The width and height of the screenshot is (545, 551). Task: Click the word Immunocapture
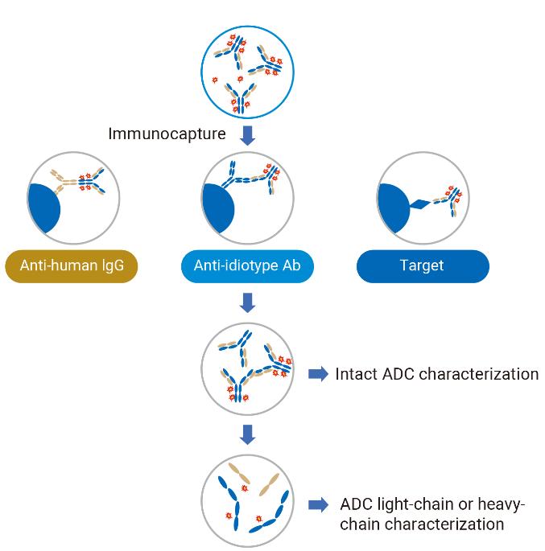[167, 134]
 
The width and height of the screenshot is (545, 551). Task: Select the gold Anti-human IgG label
[72, 266]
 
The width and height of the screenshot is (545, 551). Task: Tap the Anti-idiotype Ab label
[247, 266]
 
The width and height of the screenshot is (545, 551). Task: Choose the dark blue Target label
[423, 266]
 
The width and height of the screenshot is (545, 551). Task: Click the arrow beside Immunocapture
[247, 136]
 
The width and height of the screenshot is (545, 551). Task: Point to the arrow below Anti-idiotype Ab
[247, 302]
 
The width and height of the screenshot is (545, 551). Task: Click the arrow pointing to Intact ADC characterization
[318, 373]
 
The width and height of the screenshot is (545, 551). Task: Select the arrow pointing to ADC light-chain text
[318, 505]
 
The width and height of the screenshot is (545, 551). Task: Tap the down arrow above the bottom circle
[247, 434]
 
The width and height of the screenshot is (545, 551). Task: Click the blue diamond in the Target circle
[420, 204]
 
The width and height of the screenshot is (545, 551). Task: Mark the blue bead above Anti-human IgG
[44, 208]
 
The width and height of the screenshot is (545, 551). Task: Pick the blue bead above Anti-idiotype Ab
[218, 208]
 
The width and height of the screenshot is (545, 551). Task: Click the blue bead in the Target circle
[394, 208]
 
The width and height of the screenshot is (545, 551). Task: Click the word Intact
[356, 374]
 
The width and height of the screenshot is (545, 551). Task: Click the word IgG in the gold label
[113, 265]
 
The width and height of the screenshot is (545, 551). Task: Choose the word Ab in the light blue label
[291, 265]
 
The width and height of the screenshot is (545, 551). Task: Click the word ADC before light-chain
[356, 504]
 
